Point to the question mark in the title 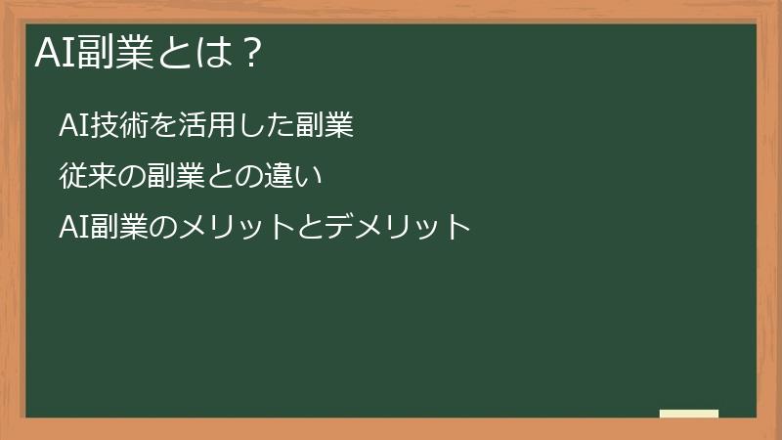[x=251, y=53]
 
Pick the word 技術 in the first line [x=118, y=126]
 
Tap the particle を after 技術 [x=161, y=126]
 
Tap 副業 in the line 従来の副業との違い [x=176, y=177]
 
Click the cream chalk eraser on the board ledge [x=688, y=414]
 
